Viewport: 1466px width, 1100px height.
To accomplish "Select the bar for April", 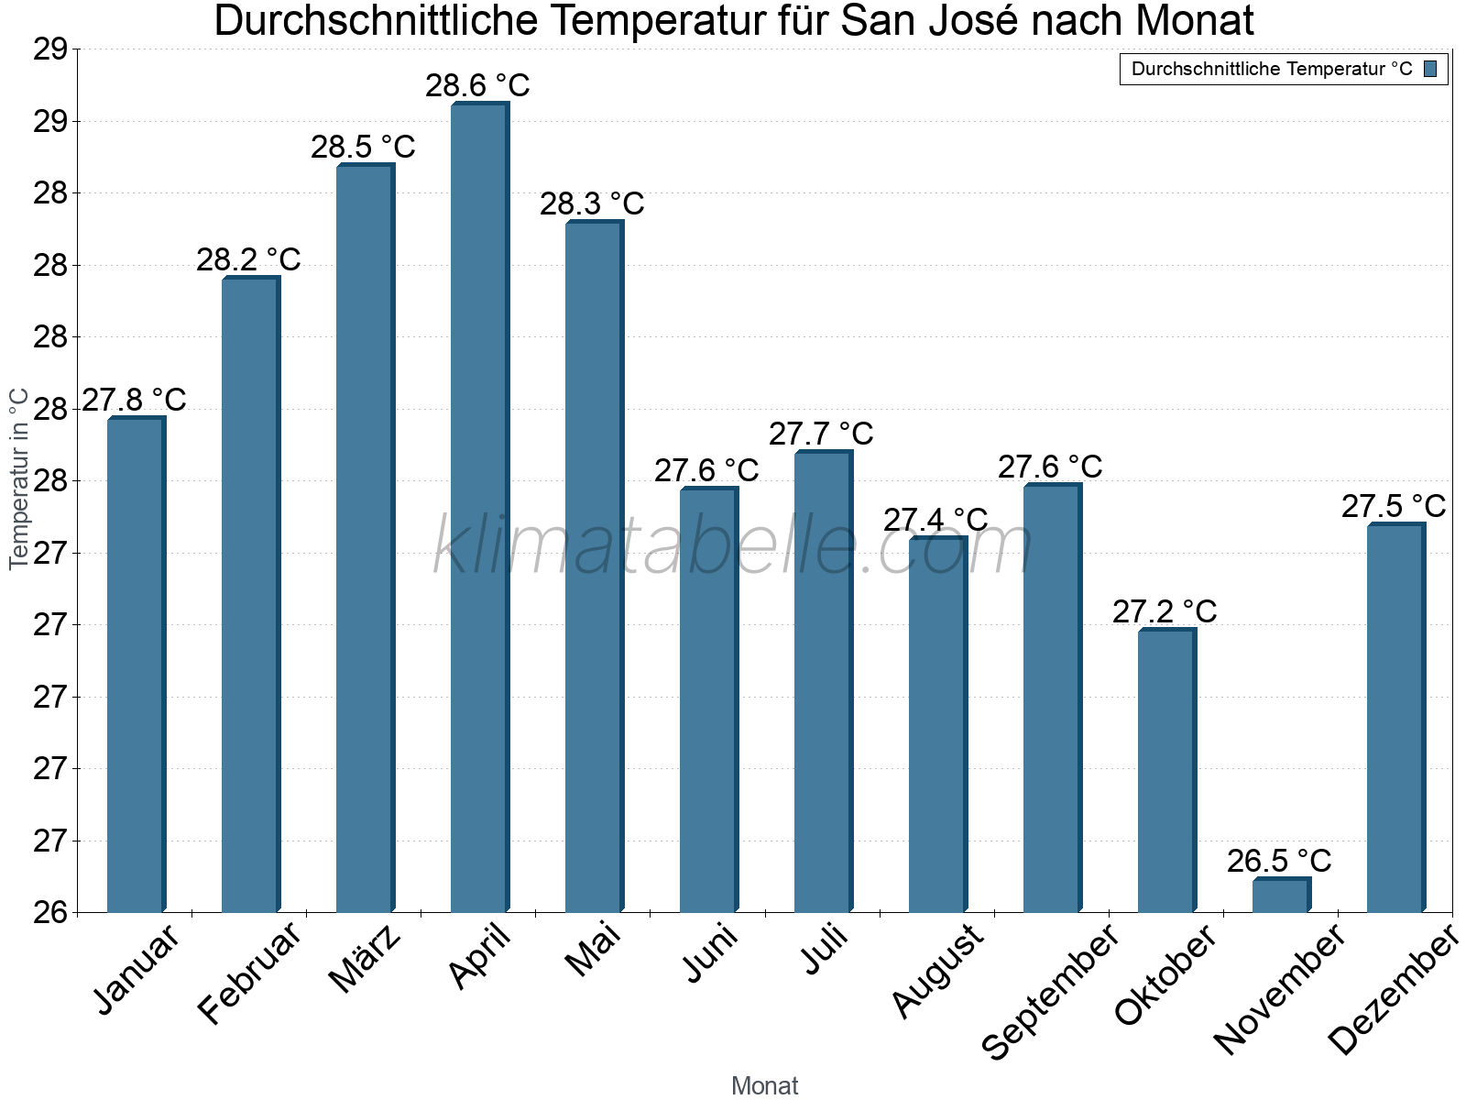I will (478, 509).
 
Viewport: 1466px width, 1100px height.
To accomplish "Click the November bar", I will (1280, 896).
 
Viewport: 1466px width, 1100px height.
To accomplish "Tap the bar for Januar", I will (135, 665).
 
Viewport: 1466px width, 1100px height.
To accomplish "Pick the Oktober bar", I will (1165, 771).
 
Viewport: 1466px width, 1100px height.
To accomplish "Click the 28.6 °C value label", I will (477, 85).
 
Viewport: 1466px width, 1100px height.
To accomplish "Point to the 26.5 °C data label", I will (1279, 861).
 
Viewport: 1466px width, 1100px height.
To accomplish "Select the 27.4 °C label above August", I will (935, 520).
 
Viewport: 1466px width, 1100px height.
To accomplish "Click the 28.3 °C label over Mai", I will (592, 203).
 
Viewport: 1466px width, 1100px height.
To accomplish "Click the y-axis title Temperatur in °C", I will (18, 478).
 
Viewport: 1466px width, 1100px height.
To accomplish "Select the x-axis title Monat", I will (764, 1085).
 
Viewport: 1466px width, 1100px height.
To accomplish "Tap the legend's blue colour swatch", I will (1430, 69).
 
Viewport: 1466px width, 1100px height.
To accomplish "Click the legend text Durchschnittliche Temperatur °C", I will (1272, 69).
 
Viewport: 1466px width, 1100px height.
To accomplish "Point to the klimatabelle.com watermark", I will (733, 545).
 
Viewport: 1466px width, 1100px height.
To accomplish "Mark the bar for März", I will (364, 539).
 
